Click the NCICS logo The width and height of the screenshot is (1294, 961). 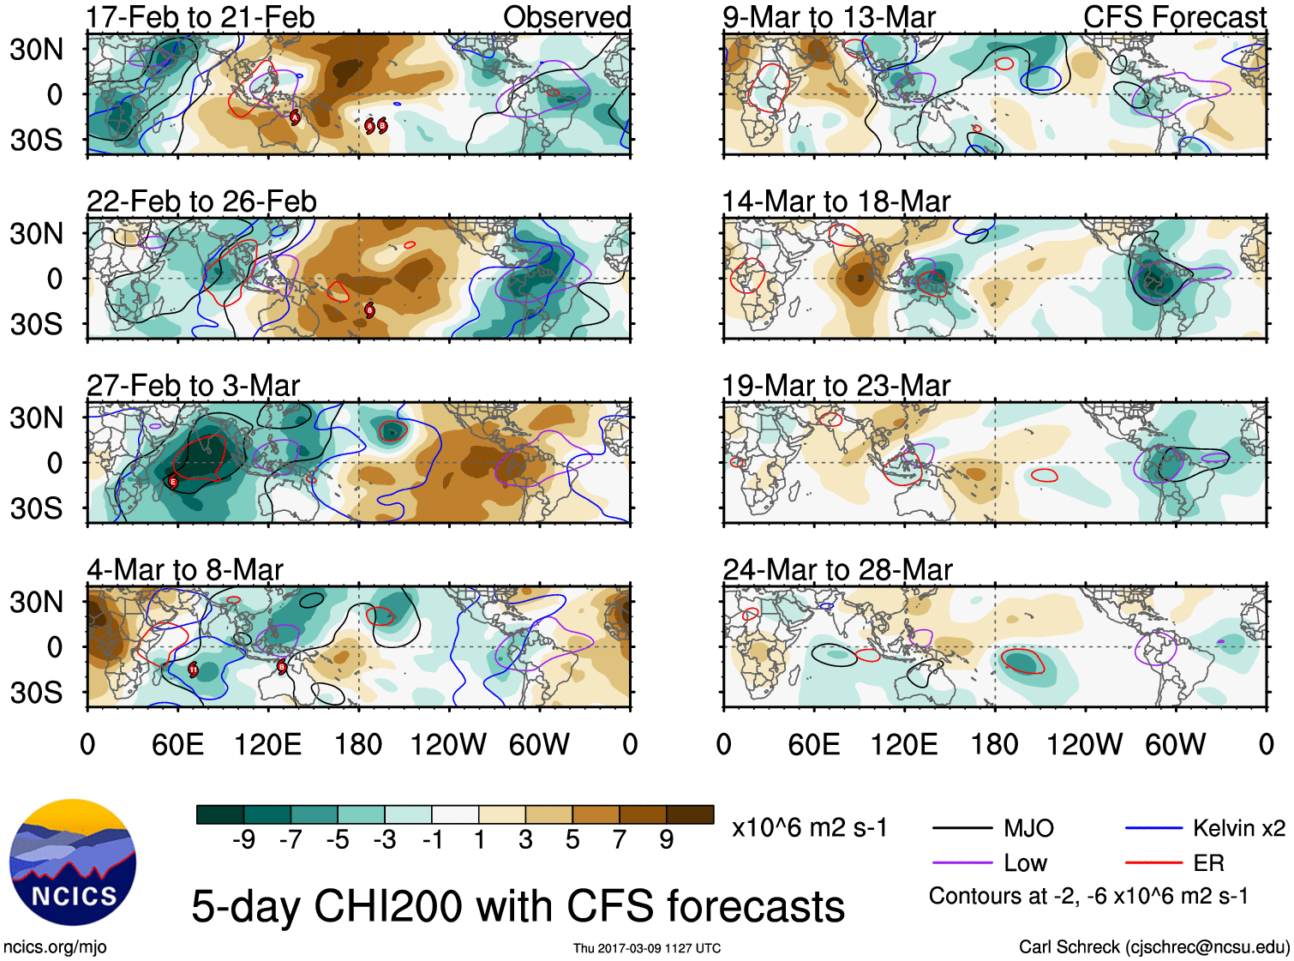tap(73, 862)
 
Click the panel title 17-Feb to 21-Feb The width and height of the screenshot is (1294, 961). tap(201, 17)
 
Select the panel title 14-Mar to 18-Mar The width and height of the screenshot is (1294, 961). tap(836, 201)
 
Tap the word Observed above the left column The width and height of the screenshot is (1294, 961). tap(566, 17)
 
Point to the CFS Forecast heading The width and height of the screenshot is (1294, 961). tap(1174, 17)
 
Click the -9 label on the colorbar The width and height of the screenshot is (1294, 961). tap(243, 840)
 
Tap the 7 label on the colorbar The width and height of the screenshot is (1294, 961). tap(620, 840)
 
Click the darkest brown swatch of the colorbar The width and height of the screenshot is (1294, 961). tap(690, 814)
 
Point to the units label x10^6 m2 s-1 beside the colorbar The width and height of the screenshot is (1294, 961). tap(809, 828)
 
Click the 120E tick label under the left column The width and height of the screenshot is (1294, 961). tap(267, 744)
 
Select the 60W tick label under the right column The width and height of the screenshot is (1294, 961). tap(1175, 744)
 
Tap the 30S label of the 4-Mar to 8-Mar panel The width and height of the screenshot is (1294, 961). tap(36, 693)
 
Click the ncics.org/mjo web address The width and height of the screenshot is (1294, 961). tap(55, 947)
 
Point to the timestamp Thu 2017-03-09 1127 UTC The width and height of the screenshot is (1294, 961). tap(647, 948)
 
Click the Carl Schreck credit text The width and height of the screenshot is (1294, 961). tap(1153, 947)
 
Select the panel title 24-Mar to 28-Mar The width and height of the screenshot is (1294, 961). tap(837, 570)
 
